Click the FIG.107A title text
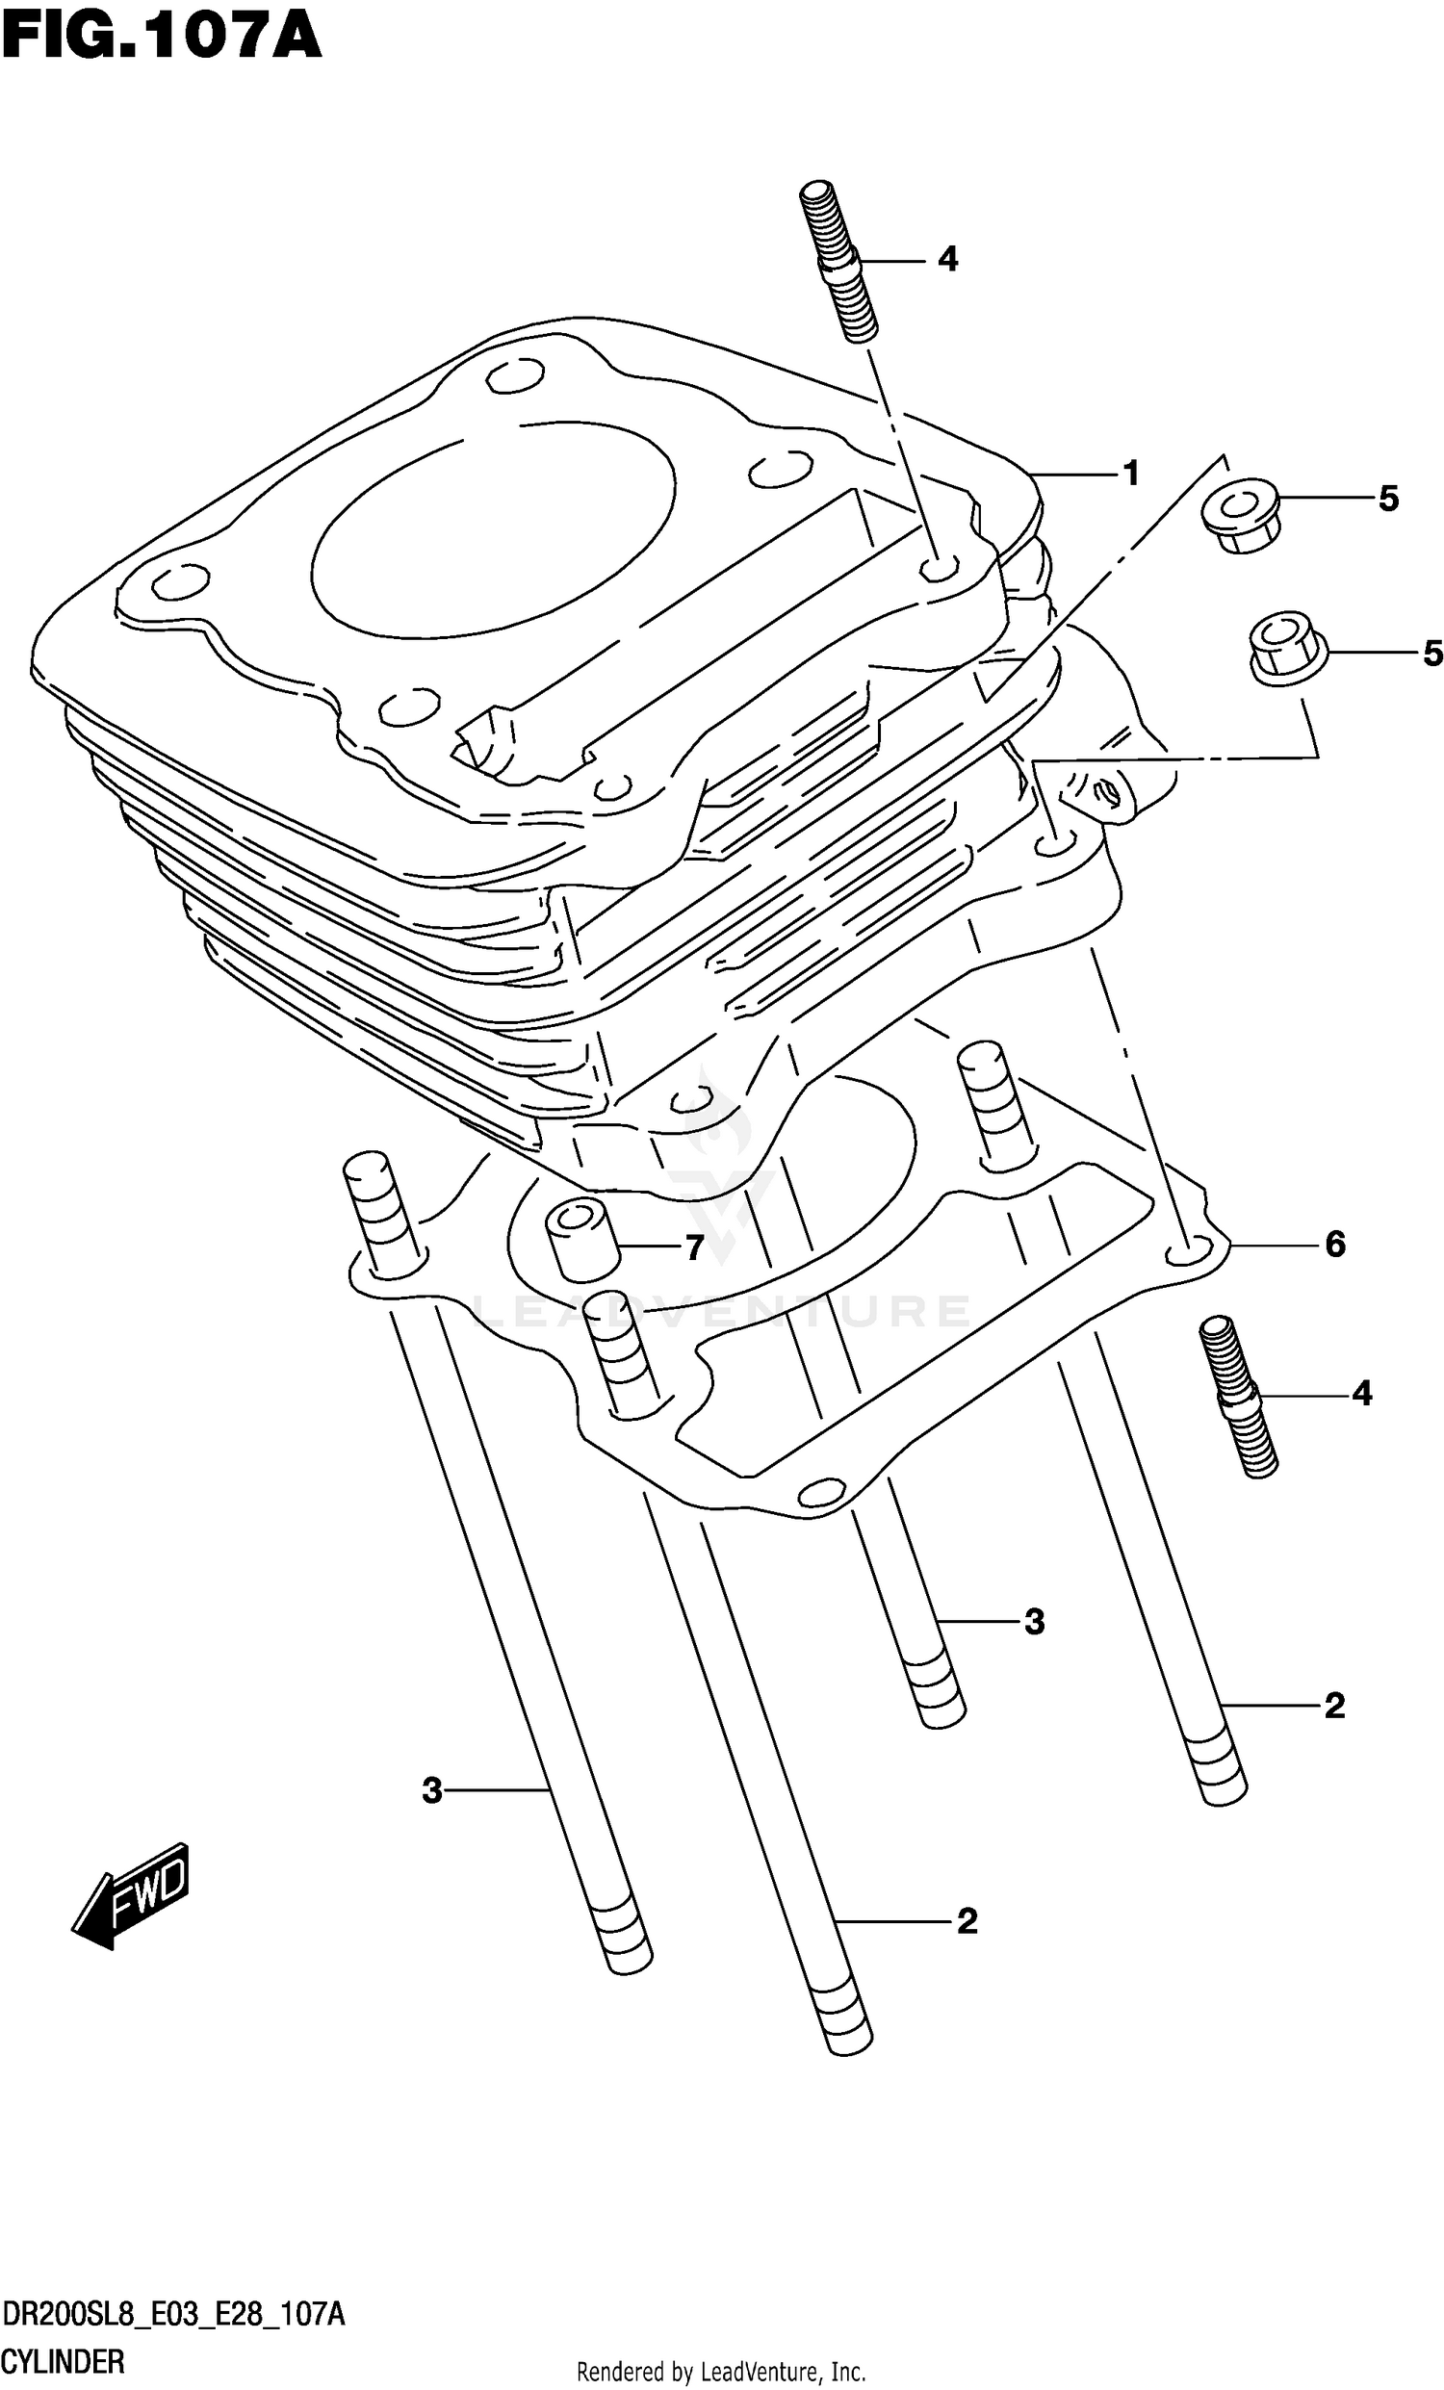(x=161, y=39)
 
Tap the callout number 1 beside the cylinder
(x=1130, y=475)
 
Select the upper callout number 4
(x=947, y=260)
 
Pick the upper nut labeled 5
(x=1238, y=515)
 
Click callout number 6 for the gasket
(x=1334, y=1245)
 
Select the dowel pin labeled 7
(x=580, y=1241)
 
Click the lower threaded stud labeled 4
(x=1238, y=1397)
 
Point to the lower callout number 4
(x=1361, y=1395)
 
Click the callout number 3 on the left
(x=431, y=1790)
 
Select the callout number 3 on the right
(x=1034, y=1622)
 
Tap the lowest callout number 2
(x=967, y=1921)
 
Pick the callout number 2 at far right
(x=1334, y=1707)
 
